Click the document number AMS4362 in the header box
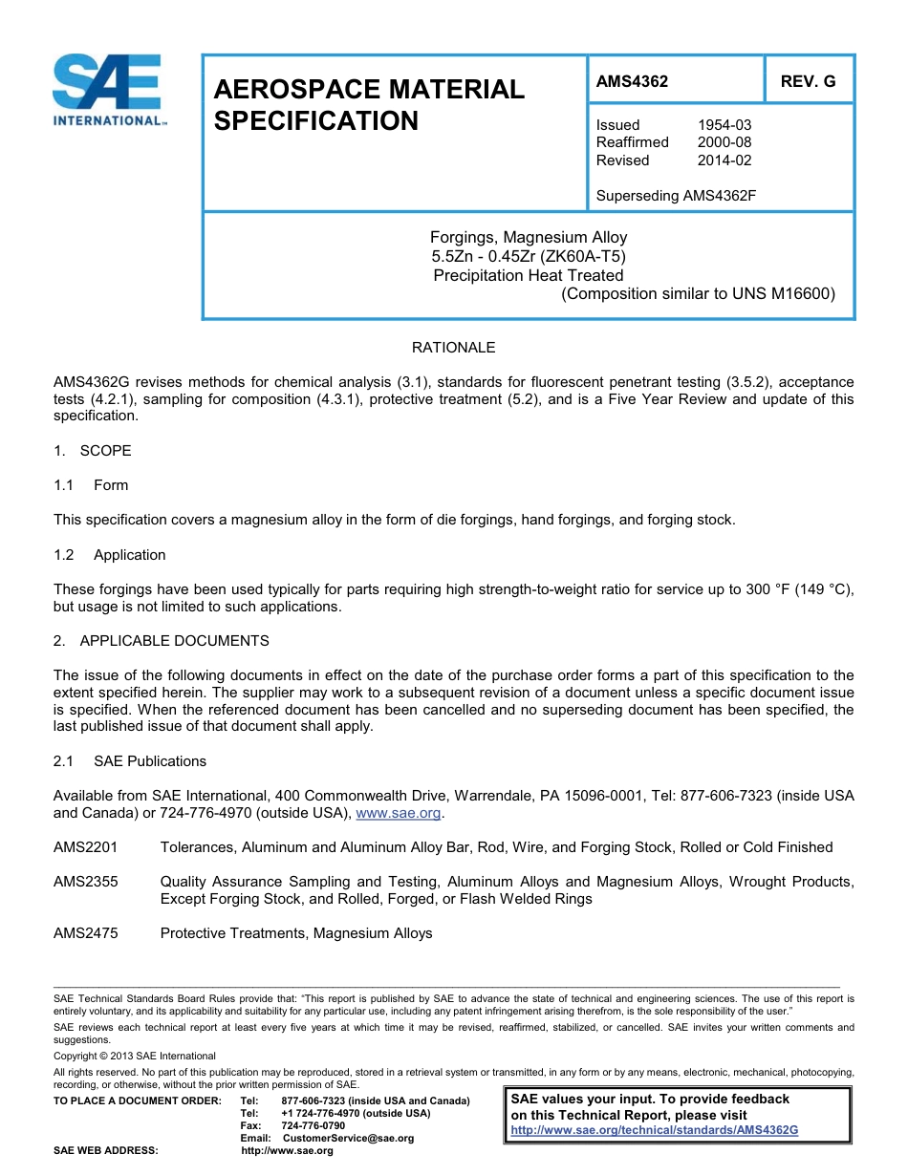point(632,82)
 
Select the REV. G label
point(808,82)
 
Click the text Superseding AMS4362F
point(676,196)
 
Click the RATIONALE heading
point(453,348)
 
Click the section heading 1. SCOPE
point(93,451)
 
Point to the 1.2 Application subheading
point(110,555)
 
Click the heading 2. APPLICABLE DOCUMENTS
point(162,641)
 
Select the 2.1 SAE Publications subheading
point(130,761)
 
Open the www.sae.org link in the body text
point(399,814)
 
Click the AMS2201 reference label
point(86,847)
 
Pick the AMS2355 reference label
point(86,882)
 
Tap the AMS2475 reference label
point(86,933)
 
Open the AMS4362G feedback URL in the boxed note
point(655,1130)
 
